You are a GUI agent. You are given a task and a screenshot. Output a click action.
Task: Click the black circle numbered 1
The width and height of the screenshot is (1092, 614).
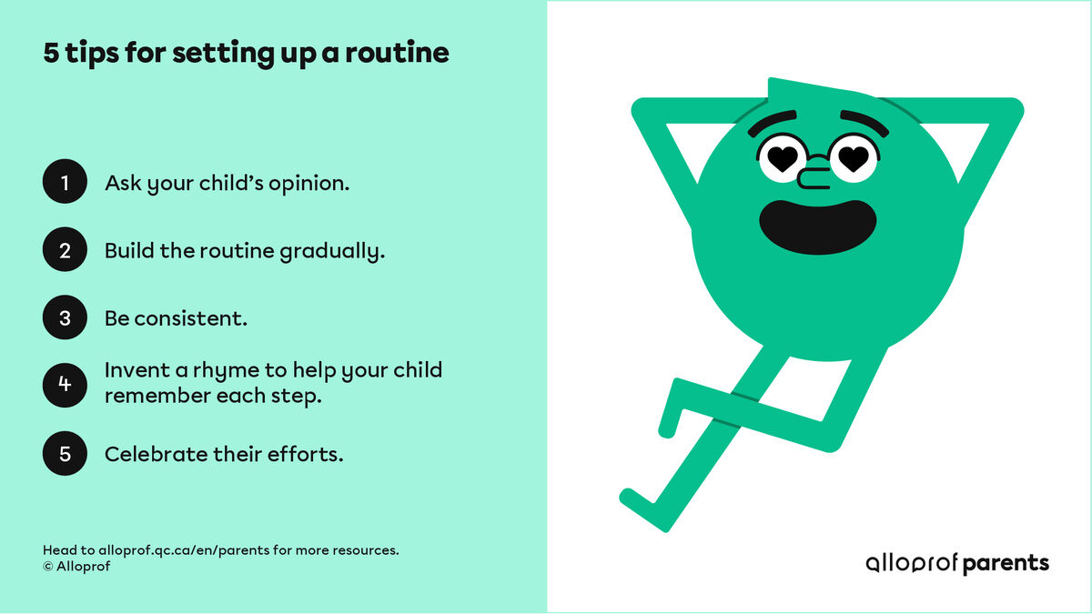tap(65, 183)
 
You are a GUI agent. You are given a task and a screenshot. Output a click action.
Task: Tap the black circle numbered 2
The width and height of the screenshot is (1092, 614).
tap(65, 250)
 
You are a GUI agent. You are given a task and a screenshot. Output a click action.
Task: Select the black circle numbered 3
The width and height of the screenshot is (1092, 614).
tap(65, 318)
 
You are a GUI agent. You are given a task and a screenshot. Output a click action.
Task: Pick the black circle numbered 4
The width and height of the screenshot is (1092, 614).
tap(65, 384)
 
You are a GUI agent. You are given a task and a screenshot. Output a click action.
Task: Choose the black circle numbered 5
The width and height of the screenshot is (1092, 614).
tap(65, 453)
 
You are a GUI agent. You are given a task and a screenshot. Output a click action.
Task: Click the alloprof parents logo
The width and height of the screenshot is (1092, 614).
tap(956, 563)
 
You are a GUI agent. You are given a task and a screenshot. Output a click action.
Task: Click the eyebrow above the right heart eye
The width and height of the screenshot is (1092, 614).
tap(863, 120)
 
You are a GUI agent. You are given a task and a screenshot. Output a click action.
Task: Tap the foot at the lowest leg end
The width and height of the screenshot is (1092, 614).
tap(634, 498)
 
